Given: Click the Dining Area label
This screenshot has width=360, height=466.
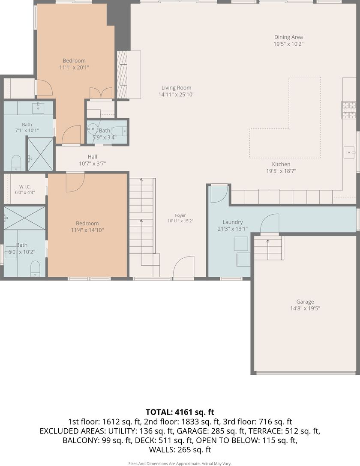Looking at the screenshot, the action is pyautogui.click(x=288, y=37).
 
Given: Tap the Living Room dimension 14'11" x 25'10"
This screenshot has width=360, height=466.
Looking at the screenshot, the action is pyautogui.click(x=176, y=95).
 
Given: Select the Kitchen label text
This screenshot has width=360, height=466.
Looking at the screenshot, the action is pyautogui.click(x=281, y=164).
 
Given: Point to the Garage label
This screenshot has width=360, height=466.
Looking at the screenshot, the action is pyautogui.click(x=305, y=302).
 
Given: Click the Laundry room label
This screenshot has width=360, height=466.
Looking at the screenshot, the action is pyautogui.click(x=233, y=222).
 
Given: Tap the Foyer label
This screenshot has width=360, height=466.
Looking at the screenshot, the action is pyautogui.click(x=180, y=215).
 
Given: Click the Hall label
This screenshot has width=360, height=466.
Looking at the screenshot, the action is pyautogui.click(x=93, y=157).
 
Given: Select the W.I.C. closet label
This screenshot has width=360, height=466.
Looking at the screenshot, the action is pyautogui.click(x=25, y=187).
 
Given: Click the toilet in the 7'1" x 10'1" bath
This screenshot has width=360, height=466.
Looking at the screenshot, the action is pyautogui.click(x=16, y=163).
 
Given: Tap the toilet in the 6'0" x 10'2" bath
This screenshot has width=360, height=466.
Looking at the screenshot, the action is pyautogui.click(x=36, y=269).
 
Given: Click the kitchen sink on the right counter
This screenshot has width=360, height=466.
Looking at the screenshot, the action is pyautogui.click(x=349, y=152).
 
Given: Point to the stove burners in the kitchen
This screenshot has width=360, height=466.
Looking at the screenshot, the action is pyautogui.click(x=349, y=110).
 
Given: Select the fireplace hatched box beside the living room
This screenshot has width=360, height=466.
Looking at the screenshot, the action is pyautogui.click(x=122, y=75).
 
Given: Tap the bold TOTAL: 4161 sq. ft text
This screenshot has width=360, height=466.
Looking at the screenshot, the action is pyautogui.click(x=180, y=412).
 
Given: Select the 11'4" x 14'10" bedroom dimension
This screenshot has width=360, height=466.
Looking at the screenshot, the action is pyautogui.click(x=87, y=230).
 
